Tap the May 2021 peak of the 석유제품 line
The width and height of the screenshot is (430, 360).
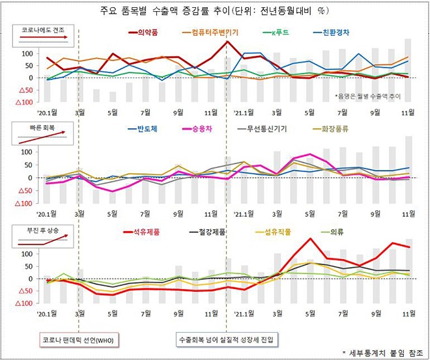[310, 238]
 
